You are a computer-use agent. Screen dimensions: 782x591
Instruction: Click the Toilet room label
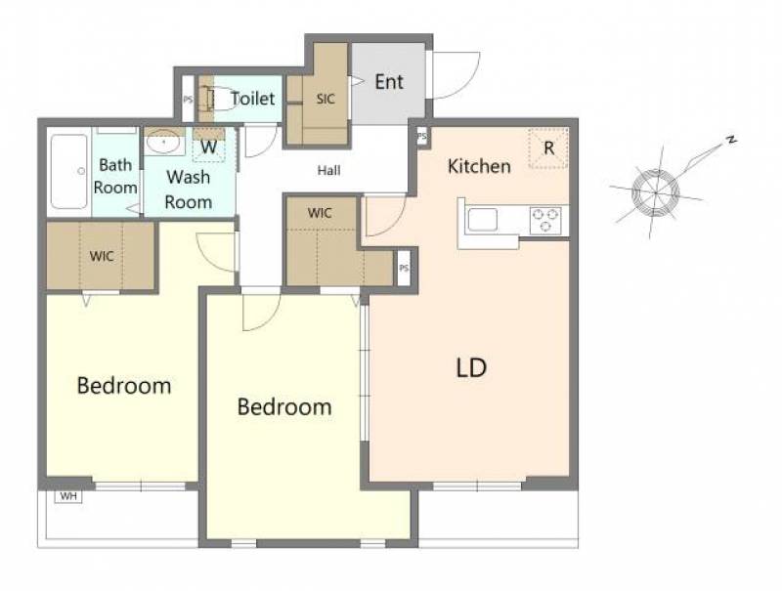tap(253, 99)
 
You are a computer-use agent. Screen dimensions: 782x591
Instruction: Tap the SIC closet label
tap(326, 99)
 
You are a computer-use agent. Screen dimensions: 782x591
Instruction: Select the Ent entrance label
tap(389, 82)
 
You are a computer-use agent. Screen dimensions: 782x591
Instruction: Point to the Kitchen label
tap(479, 166)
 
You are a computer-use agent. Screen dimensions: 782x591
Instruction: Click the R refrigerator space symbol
tap(548, 148)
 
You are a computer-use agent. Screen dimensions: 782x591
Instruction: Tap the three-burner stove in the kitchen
tap(545, 220)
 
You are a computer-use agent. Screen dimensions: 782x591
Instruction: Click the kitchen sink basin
tap(482, 220)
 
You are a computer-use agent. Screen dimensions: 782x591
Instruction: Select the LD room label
tap(471, 367)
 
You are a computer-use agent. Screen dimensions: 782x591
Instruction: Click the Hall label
tap(329, 171)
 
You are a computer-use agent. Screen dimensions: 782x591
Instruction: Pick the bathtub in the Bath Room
tap(69, 171)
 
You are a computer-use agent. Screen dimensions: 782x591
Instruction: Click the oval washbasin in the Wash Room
tap(163, 143)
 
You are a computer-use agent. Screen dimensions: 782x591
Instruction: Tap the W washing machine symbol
tap(209, 147)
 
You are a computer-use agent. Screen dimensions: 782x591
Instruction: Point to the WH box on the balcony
tap(68, 496)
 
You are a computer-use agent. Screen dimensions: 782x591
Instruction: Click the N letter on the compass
tap(731, 140)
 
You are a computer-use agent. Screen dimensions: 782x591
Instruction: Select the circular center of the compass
tap(655, 192)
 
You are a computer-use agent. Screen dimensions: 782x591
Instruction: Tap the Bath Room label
tap(115, 176)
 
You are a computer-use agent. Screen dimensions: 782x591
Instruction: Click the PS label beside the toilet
tap(188, 100)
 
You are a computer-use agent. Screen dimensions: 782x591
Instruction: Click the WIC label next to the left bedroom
tap(102, 257)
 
